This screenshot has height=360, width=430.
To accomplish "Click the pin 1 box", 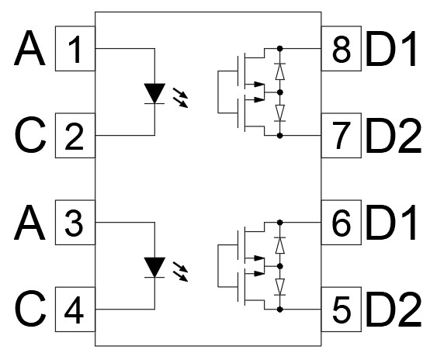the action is (x=75, y=49).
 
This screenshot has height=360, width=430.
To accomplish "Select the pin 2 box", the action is (x=75, y=136).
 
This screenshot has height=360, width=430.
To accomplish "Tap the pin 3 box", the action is (x=75, y=223).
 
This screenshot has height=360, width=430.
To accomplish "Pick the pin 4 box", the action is (x=75, y=310).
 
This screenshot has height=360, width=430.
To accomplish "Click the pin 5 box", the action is (x=342, y=310).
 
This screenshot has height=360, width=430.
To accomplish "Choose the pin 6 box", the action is (x=342, y=223).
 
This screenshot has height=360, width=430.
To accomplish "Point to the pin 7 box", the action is (x=342, y=136).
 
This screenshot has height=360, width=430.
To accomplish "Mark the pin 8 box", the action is (x=342, y=49).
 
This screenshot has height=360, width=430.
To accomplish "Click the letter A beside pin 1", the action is (x=29, y=48).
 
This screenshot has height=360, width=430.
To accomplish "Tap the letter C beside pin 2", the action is (x=30, y=135).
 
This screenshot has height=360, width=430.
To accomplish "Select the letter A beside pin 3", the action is (x=29, y=223).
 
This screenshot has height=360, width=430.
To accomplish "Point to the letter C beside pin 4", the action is (x=30, y=309).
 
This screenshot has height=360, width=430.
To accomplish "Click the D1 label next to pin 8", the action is (x=391, y=49).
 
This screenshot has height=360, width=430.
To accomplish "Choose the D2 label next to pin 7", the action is (x=394, y=135).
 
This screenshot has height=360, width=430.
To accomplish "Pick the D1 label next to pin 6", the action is (x=391, y=223).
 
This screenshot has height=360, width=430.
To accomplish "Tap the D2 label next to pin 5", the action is (x=394, y=309).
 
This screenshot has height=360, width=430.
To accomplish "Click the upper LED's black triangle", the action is (x=154, y=92).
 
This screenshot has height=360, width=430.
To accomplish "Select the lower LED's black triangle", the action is (x=154, y=266).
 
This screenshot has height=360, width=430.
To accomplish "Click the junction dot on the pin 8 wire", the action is (x=279, y=49).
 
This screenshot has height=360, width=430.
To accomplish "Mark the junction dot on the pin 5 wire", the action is (x=279, y=310).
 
